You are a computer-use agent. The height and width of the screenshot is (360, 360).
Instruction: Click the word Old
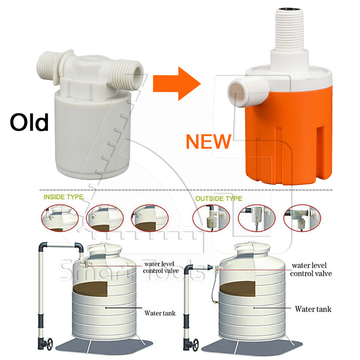29,122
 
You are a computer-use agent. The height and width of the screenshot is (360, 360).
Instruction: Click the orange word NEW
208,141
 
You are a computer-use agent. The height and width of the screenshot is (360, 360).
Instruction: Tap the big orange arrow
177,84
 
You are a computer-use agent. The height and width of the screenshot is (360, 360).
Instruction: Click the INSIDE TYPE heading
63,197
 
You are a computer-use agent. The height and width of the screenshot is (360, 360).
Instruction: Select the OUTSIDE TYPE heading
219,198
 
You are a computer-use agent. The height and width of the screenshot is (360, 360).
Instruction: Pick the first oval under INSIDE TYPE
60,218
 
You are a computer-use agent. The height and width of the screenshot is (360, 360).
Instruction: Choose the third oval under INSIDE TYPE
150,218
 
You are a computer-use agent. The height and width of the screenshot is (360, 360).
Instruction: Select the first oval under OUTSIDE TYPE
211,218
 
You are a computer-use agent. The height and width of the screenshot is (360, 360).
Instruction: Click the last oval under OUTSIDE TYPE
302,218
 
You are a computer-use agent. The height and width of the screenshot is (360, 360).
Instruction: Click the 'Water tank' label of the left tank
160,313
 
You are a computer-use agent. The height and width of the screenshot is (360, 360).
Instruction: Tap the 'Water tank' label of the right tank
313,309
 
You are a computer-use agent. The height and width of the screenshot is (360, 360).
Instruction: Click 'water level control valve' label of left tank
161,267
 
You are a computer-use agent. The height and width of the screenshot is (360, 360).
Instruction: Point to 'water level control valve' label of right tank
311,270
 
